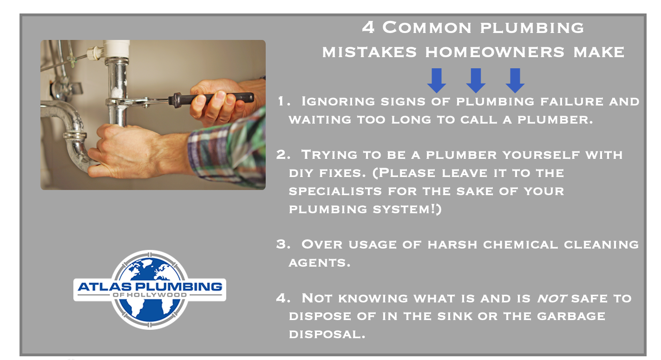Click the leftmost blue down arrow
437,80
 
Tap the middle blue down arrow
476,80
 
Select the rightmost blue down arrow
515,80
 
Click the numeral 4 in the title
368,27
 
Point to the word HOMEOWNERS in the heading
495,52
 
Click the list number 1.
283,101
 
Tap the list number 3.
283,244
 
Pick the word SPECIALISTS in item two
335,191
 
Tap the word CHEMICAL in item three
520,244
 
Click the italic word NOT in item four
551,299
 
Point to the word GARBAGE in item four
571,316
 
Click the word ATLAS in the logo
105,287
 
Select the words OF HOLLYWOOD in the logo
150,295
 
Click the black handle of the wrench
211,99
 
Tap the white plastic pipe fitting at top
117,49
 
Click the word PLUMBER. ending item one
555,119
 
